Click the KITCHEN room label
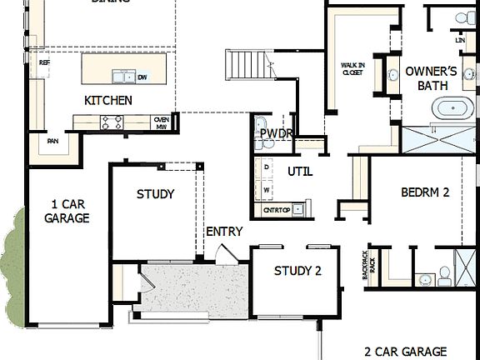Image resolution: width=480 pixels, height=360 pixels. [108, 100]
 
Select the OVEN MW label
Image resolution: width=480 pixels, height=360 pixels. [162, 122]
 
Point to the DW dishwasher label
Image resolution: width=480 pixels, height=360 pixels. [142, 77]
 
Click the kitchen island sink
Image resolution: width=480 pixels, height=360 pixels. [124, 77]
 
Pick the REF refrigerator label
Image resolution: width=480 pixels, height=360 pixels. [44, 62]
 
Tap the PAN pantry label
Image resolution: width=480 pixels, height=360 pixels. [52, 141]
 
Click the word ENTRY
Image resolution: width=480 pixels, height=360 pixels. [224, 232]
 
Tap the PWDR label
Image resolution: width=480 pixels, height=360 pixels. [275, 133]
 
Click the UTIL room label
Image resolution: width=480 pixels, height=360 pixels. [300, 172]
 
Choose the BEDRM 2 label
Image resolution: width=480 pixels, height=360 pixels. [425, 192]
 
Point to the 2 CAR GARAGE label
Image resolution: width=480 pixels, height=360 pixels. [406, 351]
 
